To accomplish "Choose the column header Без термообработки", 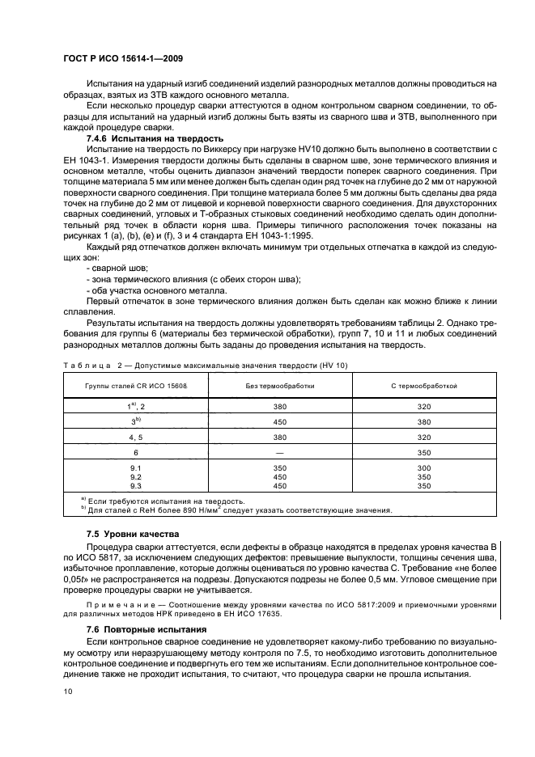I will (x=280, y=387).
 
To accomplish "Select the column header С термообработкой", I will (x=423, y=387).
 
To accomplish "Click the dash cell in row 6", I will (x=280, y=453).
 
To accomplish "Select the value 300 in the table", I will (x=423, y=468).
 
